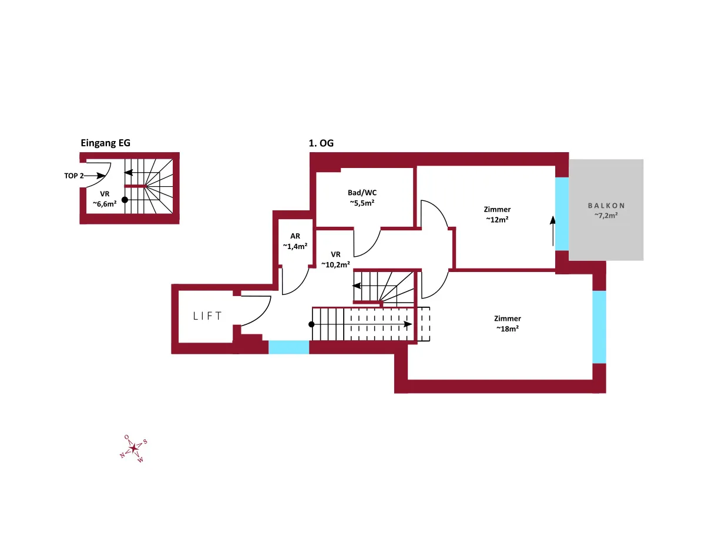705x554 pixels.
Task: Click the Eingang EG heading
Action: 105,143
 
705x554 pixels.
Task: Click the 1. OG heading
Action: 321,143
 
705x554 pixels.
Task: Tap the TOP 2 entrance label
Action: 74,176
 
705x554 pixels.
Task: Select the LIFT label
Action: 207,315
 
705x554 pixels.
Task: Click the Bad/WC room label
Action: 362,193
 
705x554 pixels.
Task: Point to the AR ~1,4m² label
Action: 295,241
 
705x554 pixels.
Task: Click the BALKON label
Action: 606,206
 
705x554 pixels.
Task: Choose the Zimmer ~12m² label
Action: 497,214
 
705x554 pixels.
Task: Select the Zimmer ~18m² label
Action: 508,323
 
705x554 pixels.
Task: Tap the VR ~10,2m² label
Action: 335,260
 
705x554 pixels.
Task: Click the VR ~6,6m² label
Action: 105,199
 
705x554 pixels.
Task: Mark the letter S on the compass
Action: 145,441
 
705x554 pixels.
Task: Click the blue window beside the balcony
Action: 562,214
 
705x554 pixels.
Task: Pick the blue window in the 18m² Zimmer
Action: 599,327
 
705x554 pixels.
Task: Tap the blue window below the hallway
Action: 288,347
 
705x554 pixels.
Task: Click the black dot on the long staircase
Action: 311,324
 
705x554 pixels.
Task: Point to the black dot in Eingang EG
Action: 125,200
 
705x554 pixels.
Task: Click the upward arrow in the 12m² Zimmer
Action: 553,231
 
